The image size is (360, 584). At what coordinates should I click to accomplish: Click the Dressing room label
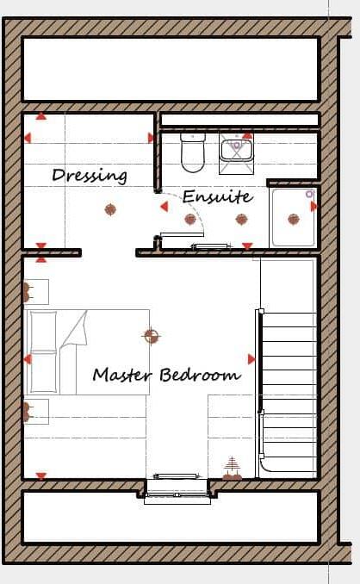(90, 176)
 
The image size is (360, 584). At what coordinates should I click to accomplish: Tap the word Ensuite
(217, 196)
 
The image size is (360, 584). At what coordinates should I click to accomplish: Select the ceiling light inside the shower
(294, 219)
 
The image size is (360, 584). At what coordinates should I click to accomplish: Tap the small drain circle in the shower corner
(309, 195)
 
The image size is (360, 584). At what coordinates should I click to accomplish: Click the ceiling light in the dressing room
(110, 208)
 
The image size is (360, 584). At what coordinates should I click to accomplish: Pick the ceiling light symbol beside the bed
(151, 335)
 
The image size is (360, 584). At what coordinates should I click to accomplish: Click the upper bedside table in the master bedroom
(35, 291)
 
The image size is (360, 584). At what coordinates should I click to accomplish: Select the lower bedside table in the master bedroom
(35, 412)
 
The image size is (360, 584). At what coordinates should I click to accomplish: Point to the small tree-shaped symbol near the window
(231, 469)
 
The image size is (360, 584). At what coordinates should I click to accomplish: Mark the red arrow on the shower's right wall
(314, 207)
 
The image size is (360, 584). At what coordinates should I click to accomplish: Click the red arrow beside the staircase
(251, 358)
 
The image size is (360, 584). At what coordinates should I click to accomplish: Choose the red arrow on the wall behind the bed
(28, 359)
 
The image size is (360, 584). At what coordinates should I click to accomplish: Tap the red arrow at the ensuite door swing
(164, 206)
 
